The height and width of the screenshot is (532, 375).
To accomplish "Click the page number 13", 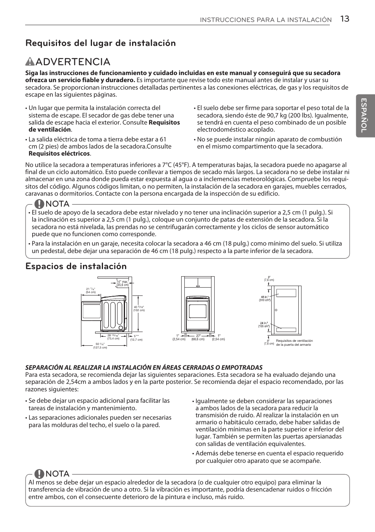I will [344, 19].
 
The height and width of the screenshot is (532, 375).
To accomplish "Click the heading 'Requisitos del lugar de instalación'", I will [100, 43].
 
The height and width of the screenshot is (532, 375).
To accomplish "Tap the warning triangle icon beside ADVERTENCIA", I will [30, 62].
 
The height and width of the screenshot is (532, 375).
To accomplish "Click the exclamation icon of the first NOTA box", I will [39, 204].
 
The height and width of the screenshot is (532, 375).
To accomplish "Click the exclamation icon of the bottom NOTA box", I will [39, 474].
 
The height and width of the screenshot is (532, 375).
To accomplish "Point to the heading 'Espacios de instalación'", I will [76, 266].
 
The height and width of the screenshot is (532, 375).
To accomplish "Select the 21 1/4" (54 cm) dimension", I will [91, 290].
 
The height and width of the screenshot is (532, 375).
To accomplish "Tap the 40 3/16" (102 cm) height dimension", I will [139, 308].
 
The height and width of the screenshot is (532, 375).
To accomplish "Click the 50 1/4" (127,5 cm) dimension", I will [100, 346].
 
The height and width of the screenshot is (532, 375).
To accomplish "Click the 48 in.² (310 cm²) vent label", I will [264, 299].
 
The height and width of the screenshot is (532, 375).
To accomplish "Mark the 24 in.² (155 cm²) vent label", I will [263, 325].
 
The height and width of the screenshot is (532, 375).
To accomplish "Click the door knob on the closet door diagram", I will [276, 310].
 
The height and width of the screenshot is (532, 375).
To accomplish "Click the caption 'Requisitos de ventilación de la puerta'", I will [294, 343].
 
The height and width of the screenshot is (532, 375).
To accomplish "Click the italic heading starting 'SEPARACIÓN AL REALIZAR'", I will [144, 367].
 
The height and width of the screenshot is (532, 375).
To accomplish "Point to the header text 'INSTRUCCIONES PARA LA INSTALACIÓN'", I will [266, 20].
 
